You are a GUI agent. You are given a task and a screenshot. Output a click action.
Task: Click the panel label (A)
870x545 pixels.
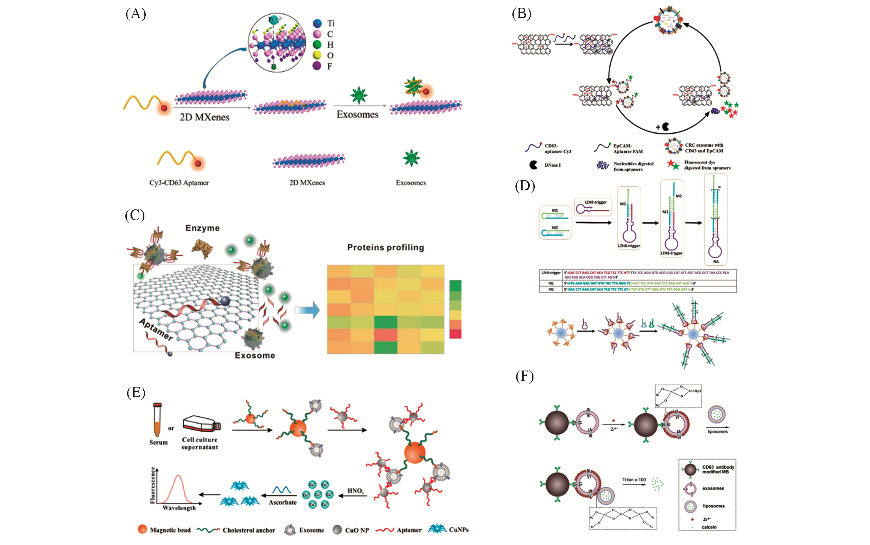[136, 14]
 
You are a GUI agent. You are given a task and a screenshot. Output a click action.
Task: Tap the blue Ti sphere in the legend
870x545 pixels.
[317, 24]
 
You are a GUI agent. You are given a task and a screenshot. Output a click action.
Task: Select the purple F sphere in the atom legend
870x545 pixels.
[317, 66]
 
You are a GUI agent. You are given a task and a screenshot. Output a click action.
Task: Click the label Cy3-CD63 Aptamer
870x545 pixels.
[179, 183]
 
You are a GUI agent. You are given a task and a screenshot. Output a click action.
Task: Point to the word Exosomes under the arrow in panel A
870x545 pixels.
[358, 115]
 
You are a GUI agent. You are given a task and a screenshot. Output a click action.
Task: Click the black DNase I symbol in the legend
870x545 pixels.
[533, 165]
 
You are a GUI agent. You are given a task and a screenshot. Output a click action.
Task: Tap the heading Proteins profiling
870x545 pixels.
[385, 248]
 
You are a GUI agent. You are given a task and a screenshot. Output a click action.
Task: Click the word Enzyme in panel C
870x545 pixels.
[202, 228]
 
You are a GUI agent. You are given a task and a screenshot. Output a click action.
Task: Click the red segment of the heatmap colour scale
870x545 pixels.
[456, 334]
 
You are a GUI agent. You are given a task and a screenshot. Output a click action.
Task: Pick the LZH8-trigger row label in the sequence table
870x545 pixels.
[551, 273]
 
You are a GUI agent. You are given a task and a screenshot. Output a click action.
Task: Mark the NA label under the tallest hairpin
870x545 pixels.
[715, 262]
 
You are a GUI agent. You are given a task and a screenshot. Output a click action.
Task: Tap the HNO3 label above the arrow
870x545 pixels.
[355, 491]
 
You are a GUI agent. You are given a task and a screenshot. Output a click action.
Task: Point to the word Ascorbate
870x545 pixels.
[283, 503]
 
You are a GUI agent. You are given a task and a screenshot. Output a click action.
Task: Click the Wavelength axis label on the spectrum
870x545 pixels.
[179, 508]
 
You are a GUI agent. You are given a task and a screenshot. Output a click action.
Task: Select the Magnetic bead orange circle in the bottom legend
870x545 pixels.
[143, 529]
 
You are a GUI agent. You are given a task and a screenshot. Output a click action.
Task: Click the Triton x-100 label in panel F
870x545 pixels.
[634, 480]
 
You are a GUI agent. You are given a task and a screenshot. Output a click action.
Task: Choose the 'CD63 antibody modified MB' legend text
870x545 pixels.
[718, 469]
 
